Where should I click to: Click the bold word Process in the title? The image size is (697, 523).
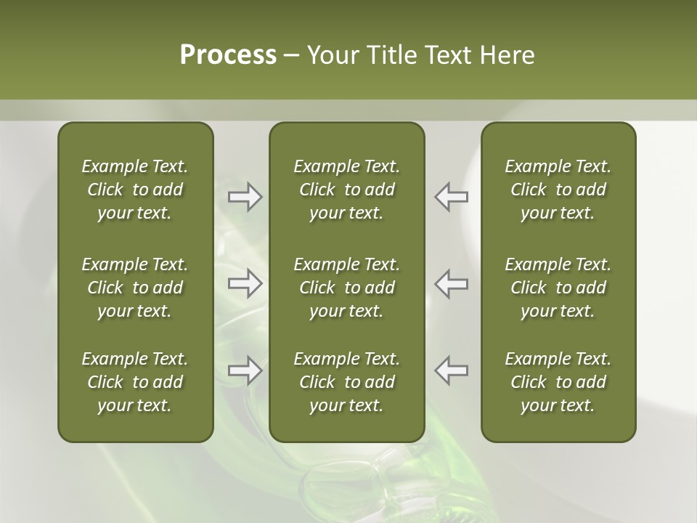[x=228, y=55]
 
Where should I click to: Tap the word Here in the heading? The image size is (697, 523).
[x=507, y=55]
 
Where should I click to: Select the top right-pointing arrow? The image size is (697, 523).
[x=245, y=197]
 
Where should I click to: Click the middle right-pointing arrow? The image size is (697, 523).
[x=245, y=283]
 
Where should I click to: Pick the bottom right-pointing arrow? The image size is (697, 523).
[x=245, y=370]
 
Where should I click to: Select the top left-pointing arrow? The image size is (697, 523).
[x=451, y=197]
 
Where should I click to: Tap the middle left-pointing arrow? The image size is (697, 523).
[x=451, y=283]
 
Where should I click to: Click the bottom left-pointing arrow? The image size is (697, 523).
[x=451, y=370]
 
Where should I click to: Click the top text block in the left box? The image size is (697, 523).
[x=135, y=190]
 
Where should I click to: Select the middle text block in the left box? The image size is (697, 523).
[x=135, y=288]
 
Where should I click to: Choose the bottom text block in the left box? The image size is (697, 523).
[x=135, y=382]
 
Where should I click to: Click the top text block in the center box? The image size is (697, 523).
[x=346, y=190]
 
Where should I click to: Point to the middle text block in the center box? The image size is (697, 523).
[x=346, y=288]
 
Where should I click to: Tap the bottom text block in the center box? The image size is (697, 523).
[x=346, y=382]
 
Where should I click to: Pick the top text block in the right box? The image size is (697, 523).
[x=558, y=190]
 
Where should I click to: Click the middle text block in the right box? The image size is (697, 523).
[x=558, y=288]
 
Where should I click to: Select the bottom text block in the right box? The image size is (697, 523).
[x=558, y=382]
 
